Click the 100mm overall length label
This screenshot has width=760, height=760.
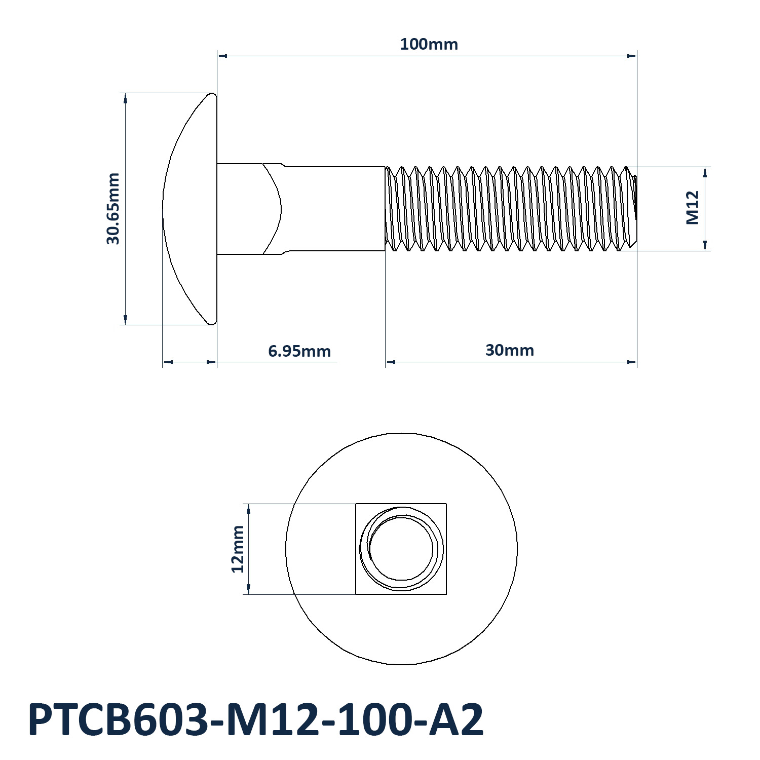(429, 44)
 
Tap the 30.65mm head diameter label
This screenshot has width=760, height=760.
(113, 209)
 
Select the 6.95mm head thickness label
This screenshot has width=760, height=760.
(299, 351)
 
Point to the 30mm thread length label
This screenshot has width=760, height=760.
(510, 350)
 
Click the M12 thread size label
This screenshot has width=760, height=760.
(693, 208)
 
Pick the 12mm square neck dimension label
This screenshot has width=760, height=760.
(238, 549)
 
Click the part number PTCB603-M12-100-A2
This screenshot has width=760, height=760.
(256, 720)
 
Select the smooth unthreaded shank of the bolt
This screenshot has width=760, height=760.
(334, 209)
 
